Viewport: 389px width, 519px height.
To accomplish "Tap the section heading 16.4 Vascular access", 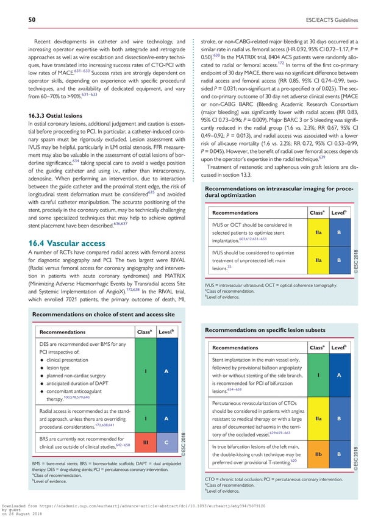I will pyautogui.click(x=59, y=243).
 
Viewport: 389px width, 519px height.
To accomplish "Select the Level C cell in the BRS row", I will pyautogui.click(x=166, y=441).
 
